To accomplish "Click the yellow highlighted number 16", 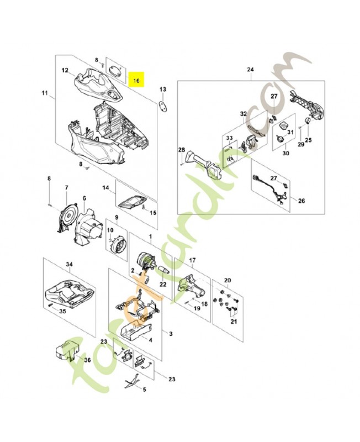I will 136,80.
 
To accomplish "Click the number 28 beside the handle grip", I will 181,150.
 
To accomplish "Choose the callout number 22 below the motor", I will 163,284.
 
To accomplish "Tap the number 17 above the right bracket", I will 192,260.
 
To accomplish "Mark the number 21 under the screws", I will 232,322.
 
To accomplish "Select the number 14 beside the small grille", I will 106,188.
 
